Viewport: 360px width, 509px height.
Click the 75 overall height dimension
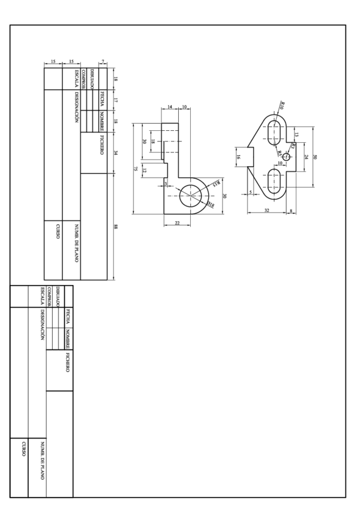click(136, 169)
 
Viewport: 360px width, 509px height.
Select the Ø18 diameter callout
click(211, 205)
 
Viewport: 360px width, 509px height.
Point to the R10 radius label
click(283, 105)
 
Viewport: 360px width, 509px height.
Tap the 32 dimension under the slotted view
click(267, 211)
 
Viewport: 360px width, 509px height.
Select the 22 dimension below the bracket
click(177, 223)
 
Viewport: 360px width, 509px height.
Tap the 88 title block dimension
click(115, 226)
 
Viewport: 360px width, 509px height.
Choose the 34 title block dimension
click(115, 153)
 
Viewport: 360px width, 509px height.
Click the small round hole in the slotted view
click(286, 157)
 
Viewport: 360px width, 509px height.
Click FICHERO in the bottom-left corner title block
click(68, 367)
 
